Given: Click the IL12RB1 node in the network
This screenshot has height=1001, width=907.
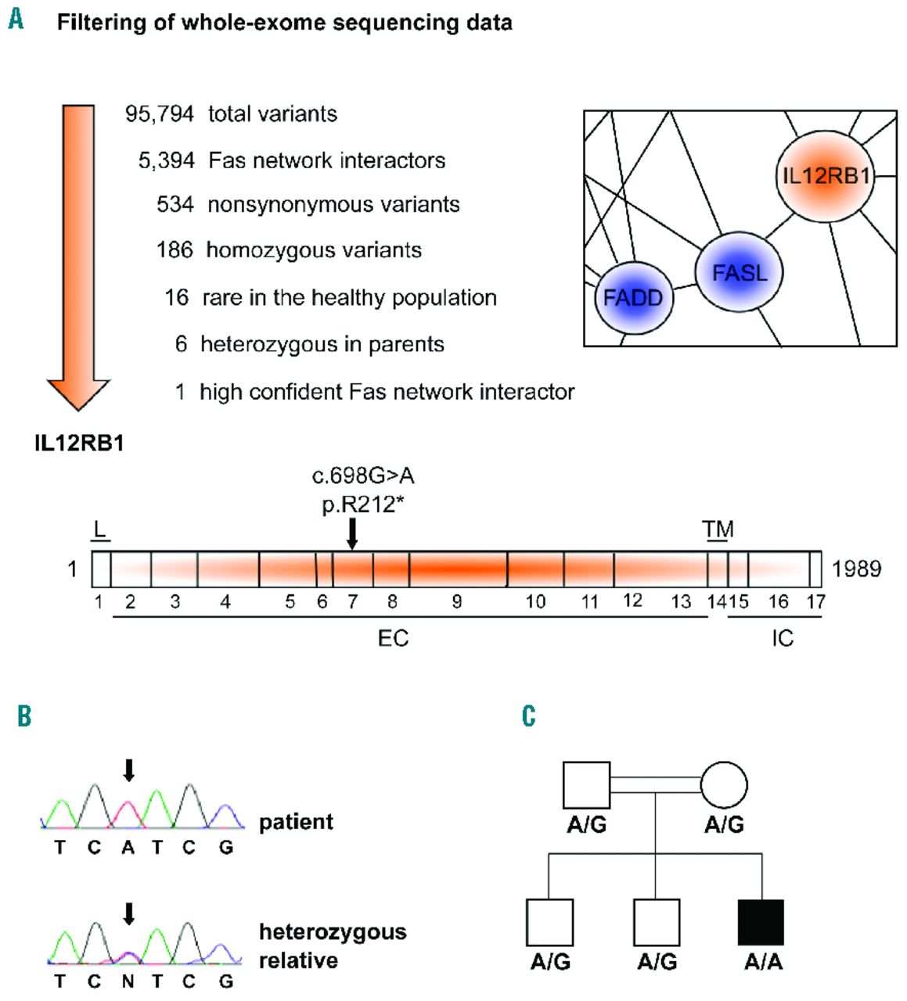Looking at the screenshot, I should [x=825, y=176].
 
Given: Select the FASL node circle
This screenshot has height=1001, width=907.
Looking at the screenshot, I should [x=740, y=272].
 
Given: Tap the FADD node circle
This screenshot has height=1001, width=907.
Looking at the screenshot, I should [x=633, y=298].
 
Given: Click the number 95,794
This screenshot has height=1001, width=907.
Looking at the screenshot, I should [x=160, y=114].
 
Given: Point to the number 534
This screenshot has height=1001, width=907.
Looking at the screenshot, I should [x=175, y=205].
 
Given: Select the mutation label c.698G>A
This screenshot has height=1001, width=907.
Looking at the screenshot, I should [x=363, y=476].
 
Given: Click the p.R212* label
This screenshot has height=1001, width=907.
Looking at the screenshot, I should [x=363, y=504].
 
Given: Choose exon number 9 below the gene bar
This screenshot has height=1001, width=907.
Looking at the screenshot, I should [x=457, y=601].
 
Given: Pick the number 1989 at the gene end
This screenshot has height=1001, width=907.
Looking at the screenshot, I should [x=856, y=569].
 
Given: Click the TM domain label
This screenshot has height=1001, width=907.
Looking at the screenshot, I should [x=718, y=530].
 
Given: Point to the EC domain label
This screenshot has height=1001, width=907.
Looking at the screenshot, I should [x=393, y=639].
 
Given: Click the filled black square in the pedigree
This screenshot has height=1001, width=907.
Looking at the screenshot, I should [x=761, y=922].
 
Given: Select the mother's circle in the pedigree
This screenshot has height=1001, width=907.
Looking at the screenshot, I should [x=724, y=785].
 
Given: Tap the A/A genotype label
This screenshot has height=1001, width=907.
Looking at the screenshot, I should [x=763, y=962].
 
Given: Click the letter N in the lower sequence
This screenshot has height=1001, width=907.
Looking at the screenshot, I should [x=128, y=981].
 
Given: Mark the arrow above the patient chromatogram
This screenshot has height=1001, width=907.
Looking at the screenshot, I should [x=129, y=770].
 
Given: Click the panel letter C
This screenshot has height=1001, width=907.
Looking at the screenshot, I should [x=529, y=716].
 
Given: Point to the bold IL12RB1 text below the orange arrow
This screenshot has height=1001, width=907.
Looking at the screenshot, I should [x=79, y=443].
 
